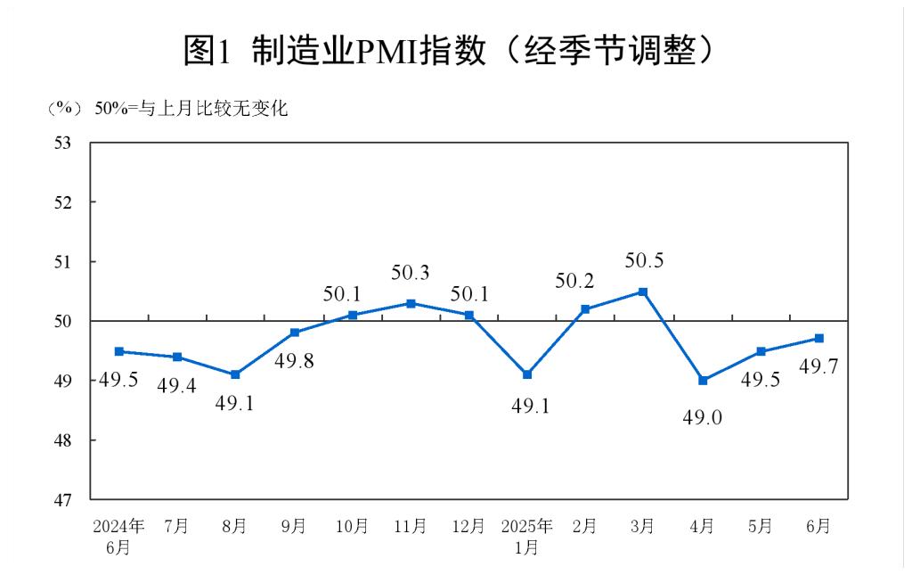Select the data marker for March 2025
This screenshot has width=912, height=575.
tap(643, 292)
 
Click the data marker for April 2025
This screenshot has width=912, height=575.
tap(702, 381)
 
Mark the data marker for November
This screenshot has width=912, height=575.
tap(411, 303)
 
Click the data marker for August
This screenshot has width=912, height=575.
tap(235, 374)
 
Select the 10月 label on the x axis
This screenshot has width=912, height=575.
tap(352, 526)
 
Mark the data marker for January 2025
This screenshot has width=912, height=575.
tap(527, 374)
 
